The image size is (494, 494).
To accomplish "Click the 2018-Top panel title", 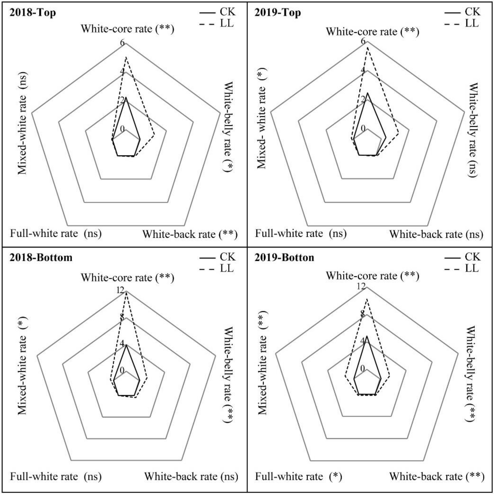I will pos(33,12).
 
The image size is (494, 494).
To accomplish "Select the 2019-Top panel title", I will pos(277,12).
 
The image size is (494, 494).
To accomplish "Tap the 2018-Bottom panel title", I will pos(41,257).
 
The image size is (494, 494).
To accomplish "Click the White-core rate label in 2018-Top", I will pos(127,29).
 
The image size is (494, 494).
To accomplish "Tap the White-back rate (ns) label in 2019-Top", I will pos(436,234).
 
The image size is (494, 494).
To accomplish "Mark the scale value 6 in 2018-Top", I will pos(122,43).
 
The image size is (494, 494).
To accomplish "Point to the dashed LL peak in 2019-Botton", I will pos(367,299).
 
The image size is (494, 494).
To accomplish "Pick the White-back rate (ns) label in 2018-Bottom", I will pos(191,476).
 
